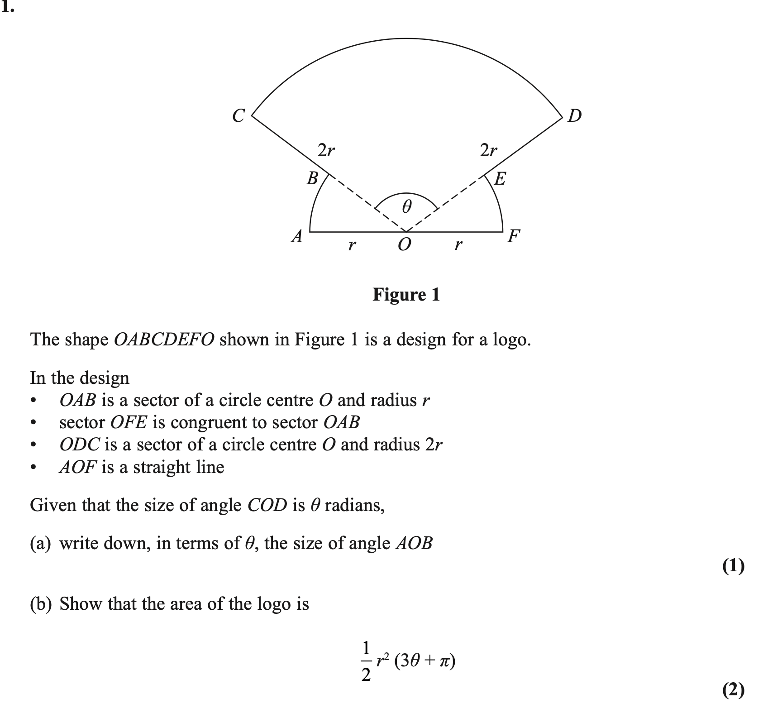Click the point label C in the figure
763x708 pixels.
pyautogui.click(x=238, y=115)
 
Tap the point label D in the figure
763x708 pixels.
pyautogui.click(x=574, y=116)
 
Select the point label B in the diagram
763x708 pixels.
pyautogui.click(x=312, y=178)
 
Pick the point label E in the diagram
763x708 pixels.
pyautogui.click(x=500, y=179)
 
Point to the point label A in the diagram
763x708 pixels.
pyautogui.click(x=296, y=236)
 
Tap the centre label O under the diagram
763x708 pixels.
pyautogui.click(x=405, y=245)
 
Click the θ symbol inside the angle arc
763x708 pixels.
pyautogui.click(x=406, y=208)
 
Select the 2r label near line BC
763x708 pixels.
pyautogui.click(x=326, y=150)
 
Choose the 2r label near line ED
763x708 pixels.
pyautogui.click(x=488, y=150)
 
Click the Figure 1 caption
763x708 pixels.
pyautogui.click(x=406, y=295)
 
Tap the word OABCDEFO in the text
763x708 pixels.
pyautogui.click(x=164, y=340)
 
